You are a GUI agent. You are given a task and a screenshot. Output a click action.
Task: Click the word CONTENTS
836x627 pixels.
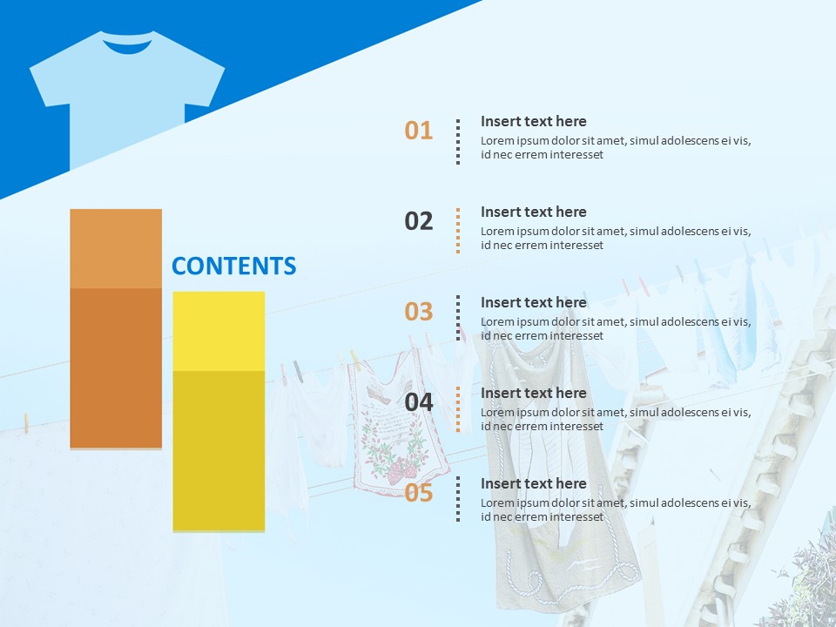click(x=233, y=266)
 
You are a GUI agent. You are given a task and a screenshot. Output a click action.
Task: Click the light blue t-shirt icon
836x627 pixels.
click(x=127, y=96)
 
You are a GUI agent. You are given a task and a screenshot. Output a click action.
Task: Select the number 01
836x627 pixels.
click(x=418, y=131)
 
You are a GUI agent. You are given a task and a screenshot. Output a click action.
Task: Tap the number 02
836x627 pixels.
click(x=418, y=221)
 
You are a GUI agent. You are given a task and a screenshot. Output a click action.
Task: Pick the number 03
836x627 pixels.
click(x=418, y=312)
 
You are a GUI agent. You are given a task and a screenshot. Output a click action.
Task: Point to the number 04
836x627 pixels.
click(x=418, y=402)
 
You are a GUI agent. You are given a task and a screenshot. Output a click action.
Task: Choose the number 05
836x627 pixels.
click(x=418, y=493)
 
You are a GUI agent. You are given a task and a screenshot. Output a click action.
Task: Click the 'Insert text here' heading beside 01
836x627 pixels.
click(x=533, y=121)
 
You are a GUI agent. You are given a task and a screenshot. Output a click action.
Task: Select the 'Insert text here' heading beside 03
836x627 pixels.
click(x=533, y=302)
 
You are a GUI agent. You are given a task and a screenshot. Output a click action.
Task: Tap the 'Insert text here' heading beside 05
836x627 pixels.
click(x=533, y=483)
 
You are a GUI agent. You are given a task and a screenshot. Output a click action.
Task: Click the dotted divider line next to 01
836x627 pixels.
click(x=458, y=142)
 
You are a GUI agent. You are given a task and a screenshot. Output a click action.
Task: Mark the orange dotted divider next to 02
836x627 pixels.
click(x=458, y=231)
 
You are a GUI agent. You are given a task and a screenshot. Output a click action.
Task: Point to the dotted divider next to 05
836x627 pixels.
click(x=458, y=499)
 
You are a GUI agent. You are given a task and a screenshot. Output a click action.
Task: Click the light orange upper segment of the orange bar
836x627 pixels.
click(x=116, y=248)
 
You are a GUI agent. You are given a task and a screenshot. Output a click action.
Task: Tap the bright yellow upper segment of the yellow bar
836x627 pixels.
click(x=219, y=331)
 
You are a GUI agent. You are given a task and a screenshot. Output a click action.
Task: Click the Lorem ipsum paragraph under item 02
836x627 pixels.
click(x=615, y=238)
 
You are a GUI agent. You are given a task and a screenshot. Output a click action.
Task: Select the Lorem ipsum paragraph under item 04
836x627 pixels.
click(x=615, y=419)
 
